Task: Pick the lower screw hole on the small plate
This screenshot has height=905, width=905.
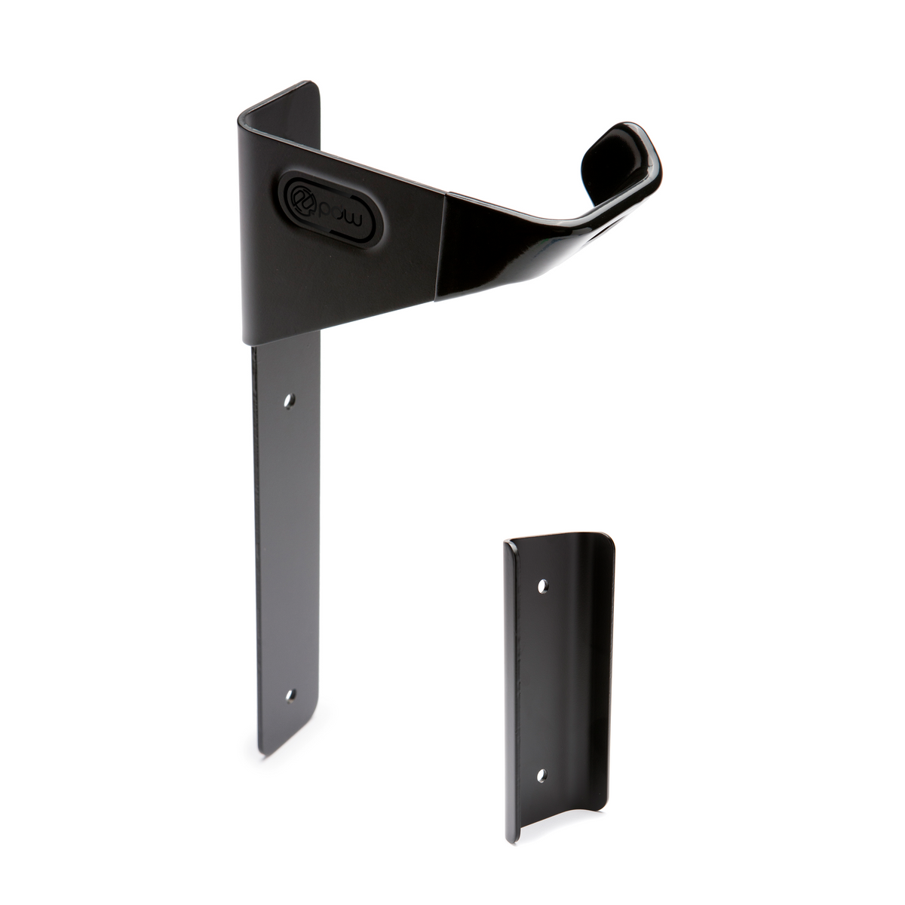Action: tap(539, 775)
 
